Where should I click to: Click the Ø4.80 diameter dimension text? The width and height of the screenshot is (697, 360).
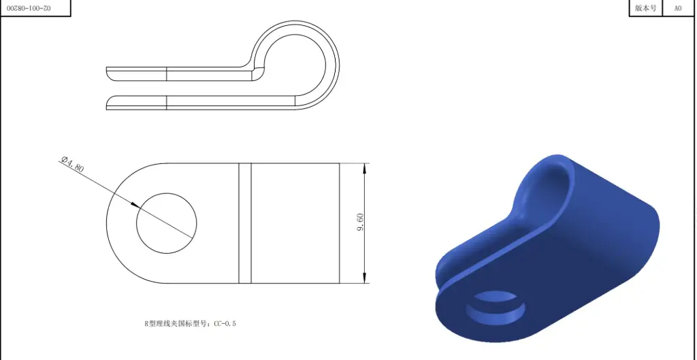(73, 165)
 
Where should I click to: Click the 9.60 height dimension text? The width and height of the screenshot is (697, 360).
(360, 222)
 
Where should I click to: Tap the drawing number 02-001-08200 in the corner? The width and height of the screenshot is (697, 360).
(34, 7)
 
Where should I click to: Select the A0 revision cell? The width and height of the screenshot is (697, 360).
(678, 8)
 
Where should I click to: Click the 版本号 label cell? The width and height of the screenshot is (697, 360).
(645, 8)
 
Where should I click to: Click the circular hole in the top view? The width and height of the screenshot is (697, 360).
(167, 223)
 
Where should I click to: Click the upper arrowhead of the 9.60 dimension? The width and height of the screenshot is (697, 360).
(366, 167)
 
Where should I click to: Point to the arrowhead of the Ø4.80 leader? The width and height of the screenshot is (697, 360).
(136, 206)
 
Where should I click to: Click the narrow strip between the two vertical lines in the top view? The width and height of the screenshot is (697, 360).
(245, 223)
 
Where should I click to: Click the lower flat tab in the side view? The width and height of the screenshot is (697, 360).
(177, 102)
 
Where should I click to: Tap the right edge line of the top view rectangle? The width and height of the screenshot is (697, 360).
(340, 223)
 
